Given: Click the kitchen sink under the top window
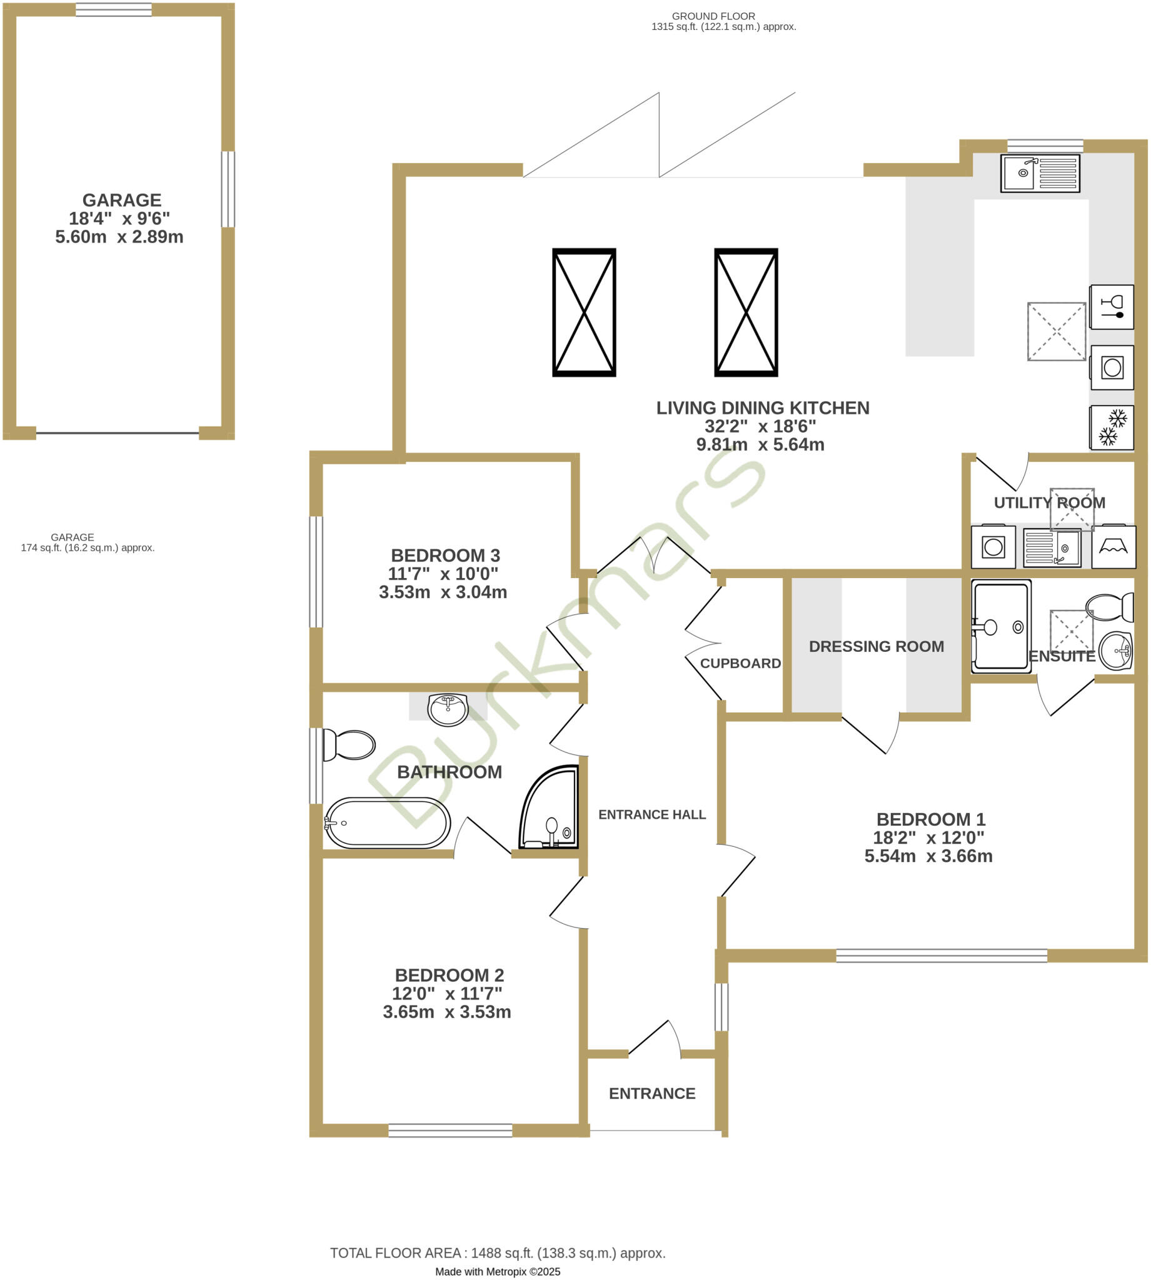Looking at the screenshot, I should (x=1040, y=173).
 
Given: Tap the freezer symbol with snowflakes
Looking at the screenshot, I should (x=1112, y=427).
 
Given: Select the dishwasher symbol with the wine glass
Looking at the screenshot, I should (x=1112, y=307).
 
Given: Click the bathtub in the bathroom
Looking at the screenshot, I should (x=387, y=822).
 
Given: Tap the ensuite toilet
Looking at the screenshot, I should (x=1110, y=607).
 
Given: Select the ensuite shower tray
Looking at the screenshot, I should (x=1000, y=625).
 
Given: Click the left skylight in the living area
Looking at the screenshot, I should (x=584, y=312).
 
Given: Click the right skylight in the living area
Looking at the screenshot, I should (x=746, y=312).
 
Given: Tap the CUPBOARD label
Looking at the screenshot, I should (x=740, y=663).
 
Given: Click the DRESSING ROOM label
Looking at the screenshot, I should (x=876, y=646).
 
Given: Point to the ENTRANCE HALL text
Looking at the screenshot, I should (x=651, y=814).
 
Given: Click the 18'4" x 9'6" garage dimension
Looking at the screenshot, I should (x=119, y=219).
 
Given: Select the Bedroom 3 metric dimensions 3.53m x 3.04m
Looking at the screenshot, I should (x=443, y=592).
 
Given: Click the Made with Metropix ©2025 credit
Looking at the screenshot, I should (x=497, y=1271).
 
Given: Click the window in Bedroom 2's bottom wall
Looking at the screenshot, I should (x=450, y=1130).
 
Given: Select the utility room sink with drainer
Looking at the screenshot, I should (x=1052, y=547).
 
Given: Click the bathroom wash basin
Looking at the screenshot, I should (x=448, y=709).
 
